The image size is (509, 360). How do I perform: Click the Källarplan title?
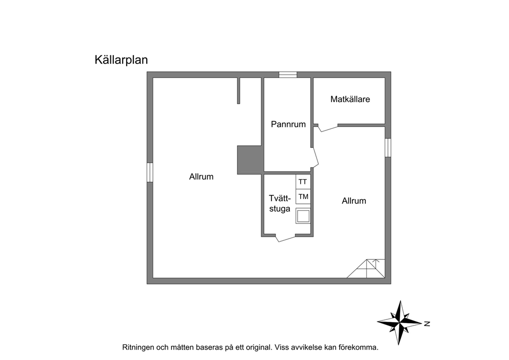click(x=121, y=60)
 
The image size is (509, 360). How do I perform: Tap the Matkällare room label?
click(x=350, y=99)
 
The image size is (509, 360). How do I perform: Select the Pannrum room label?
click(x=288, y=124)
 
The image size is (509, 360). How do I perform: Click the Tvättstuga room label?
click(x=280, y=203)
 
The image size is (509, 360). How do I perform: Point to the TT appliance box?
click(x=303, y=182)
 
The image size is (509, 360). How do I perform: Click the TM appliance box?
click(x=303, y=197)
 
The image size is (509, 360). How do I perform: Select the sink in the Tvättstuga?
click(x=303, y=216)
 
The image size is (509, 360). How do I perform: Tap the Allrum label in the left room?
click(x=201, y=177)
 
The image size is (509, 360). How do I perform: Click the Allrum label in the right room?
click(x=354, y=201)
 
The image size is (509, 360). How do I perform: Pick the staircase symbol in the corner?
click(x=366, y=269)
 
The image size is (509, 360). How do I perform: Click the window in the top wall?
click(x=288, y=75)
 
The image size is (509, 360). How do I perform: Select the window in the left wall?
click(x=150, y=172)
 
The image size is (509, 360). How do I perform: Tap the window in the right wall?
click(x=388, y=147)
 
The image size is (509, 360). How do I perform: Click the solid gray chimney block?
click(x=250, y=160)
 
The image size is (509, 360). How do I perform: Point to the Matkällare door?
click(x=327, y=128)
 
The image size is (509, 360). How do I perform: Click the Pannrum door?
click(x=316, y=158)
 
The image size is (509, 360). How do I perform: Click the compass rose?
click(x=400, y=323)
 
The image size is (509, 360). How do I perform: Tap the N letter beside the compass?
click(x=427, y=324)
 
